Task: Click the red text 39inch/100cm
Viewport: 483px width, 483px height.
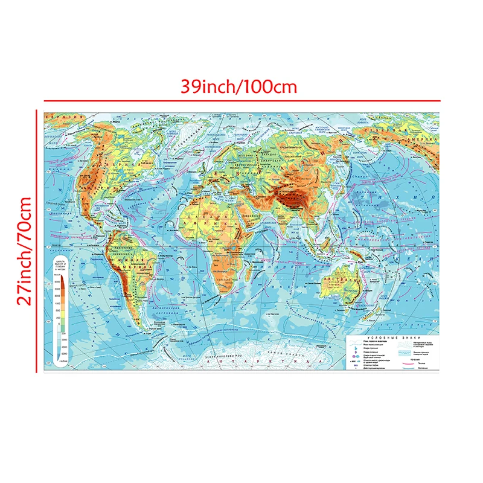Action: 240,86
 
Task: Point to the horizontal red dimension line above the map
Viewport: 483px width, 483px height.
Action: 241,100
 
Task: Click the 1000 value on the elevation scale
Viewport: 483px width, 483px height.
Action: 57,302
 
